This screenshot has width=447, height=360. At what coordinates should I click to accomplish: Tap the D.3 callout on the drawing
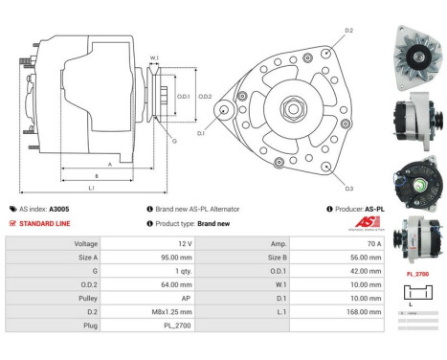(x=349, y=189)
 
